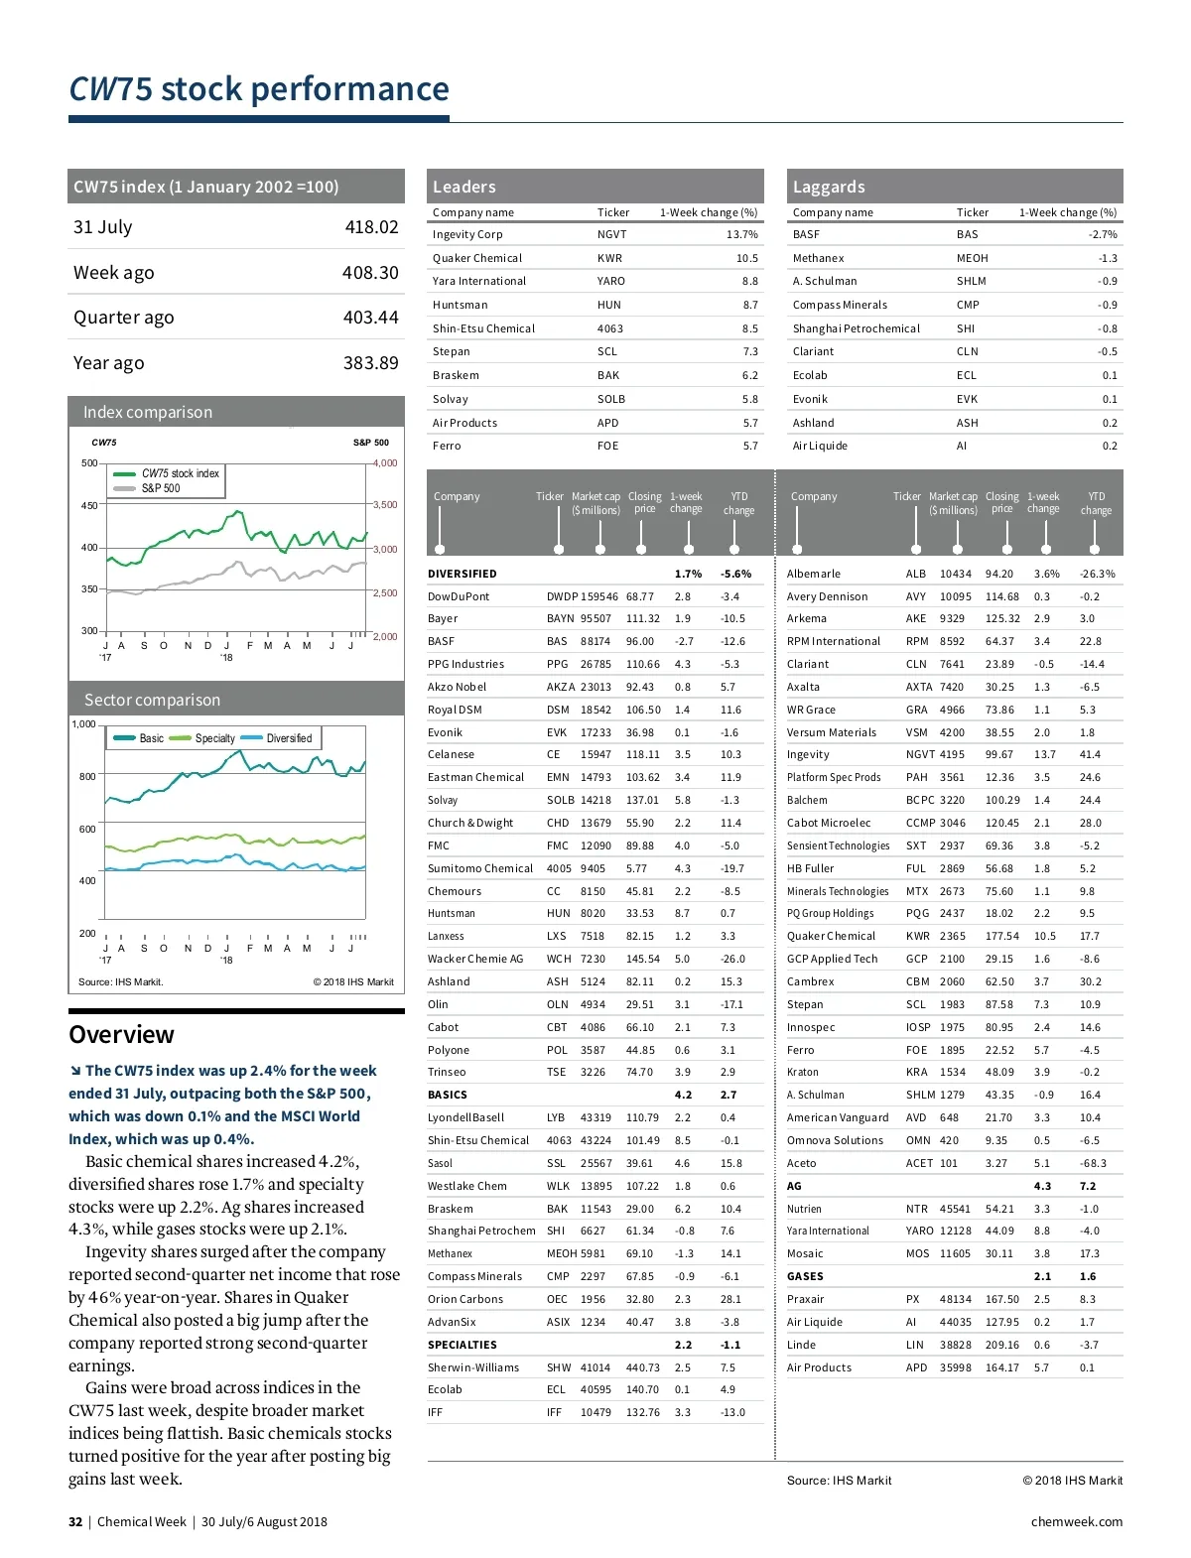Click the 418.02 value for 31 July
[x=371, y=227]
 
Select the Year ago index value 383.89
[x=370, y=363]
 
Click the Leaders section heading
[x=463, y=187]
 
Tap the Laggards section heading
[x=829, y=187]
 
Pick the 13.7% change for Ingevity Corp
[x=741, y=235]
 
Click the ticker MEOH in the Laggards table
[x=972, y=258]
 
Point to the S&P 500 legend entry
[x=160, y=488]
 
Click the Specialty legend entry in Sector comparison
[x=214, y=738]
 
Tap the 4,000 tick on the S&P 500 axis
[x=385, y=463]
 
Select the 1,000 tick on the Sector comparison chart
[x=83, y=724]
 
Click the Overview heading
[x=121, y=1034]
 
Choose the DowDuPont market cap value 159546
[x=599, y=596]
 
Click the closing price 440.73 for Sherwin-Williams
[x=642, y=1367]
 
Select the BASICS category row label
[x=447, y=1095]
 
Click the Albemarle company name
[x=813, y=574]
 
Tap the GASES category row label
[x=805, y=1276]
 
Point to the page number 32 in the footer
[x=75, y=1522]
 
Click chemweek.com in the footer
[x=1076, y=1522]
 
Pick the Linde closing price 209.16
[x=1001, y=1345]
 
